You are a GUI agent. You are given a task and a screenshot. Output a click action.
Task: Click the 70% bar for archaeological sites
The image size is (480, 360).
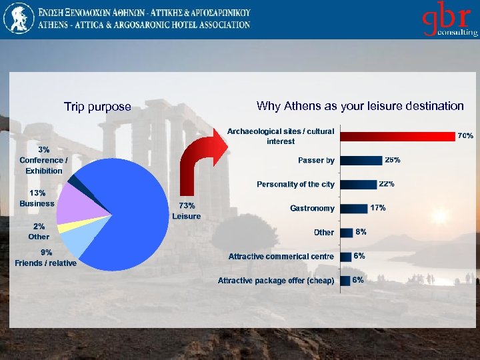(397, 136)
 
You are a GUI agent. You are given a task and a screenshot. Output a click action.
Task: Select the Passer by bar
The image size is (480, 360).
(361, 160)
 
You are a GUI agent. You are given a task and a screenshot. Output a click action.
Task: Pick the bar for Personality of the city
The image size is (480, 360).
(358, 184)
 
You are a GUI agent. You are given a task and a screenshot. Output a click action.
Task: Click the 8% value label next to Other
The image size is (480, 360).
(361, 232)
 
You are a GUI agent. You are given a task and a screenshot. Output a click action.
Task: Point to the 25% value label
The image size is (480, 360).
(392, 160)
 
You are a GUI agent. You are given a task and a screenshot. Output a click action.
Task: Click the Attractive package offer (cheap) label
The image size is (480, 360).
(276, 281)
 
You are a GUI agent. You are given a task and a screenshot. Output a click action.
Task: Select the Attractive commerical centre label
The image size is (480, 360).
(281, 257)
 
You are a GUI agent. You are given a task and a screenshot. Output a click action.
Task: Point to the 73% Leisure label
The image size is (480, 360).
(186, 211)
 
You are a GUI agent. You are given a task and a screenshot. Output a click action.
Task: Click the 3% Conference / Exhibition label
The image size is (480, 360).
(44, 160)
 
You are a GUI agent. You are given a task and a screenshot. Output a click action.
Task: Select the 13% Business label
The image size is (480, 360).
(37, 198)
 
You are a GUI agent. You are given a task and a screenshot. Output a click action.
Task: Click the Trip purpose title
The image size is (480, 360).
(97, 107)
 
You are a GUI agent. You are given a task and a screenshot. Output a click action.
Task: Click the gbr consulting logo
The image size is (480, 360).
(448, 21)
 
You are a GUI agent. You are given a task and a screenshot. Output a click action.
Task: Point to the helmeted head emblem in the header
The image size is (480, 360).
(18, 19)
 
